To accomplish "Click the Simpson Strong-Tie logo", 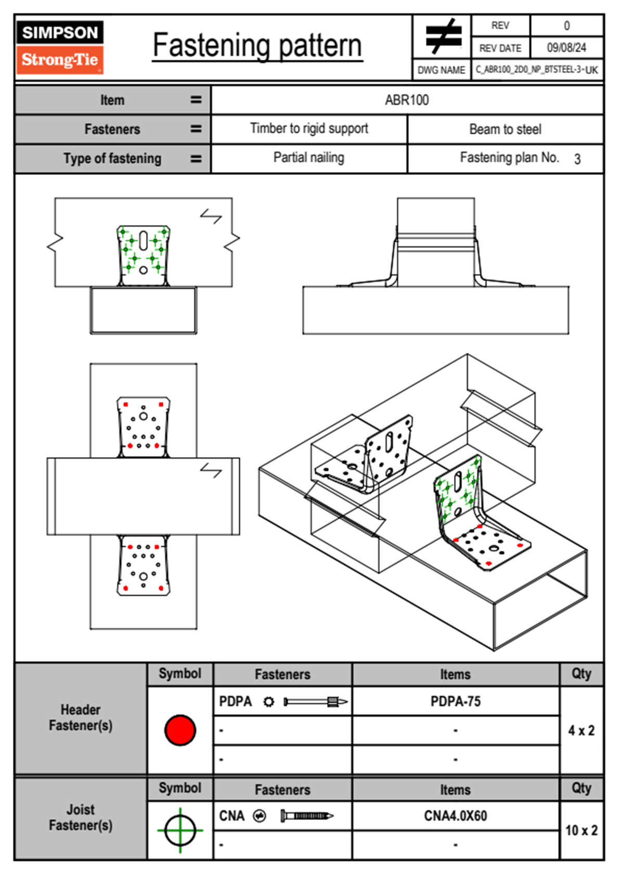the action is point(60,47).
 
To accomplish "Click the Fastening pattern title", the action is point(257,46).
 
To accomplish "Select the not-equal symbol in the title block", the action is point(443,36).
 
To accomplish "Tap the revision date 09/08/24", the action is point(566,48).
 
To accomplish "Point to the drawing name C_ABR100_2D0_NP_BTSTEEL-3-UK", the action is point(537,70).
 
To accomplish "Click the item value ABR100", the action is point(407,100).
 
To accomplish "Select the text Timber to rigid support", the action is point(309,128).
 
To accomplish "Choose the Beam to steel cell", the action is point(506,129).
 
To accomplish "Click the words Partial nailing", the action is point(308,158).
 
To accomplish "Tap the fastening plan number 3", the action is point(577,159).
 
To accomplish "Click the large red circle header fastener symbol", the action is point(180,730).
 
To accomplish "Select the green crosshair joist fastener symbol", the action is point(180,830).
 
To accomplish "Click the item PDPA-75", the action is point(455,701).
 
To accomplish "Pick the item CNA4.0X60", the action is point(455,816).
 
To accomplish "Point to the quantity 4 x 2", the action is point(581,730).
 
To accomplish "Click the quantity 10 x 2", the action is point(582,830).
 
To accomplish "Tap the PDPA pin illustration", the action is point(316,702).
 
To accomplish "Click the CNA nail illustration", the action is point(307,816).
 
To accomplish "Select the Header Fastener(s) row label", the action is point(81,717).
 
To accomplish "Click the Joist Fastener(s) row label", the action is point(81,818).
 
